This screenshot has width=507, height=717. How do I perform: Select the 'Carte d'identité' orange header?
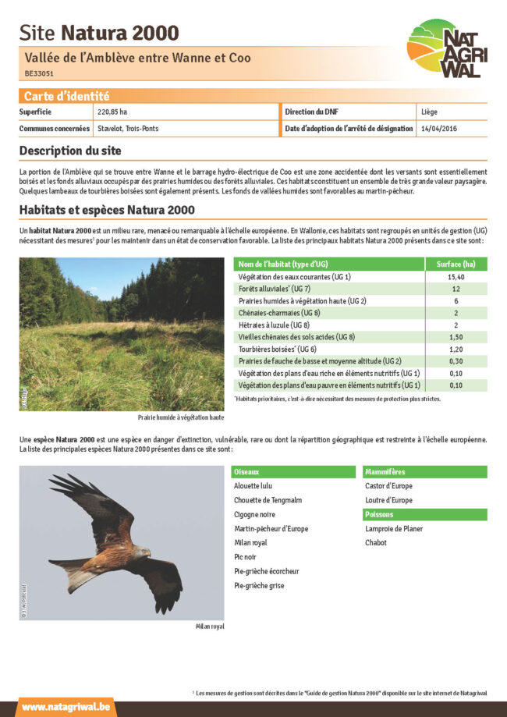pos(67,97)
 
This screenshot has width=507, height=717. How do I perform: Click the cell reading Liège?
pos(429,112)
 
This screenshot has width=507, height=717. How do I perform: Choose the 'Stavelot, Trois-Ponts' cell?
pos(128,128)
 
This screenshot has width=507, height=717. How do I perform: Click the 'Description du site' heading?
pos(70,151)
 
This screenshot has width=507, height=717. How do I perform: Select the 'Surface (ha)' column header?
pos(456,264)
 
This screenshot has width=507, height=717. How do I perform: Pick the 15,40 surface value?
pos(456,277)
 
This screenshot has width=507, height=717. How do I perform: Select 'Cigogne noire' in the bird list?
pos(254,514)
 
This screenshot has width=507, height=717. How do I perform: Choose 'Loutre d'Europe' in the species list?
pos(388,500)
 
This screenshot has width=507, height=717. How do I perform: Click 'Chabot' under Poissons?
pos(376,542)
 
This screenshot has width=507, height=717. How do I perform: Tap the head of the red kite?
pos(143,552)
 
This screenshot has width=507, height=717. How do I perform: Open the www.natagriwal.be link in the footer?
pos(66,707)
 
